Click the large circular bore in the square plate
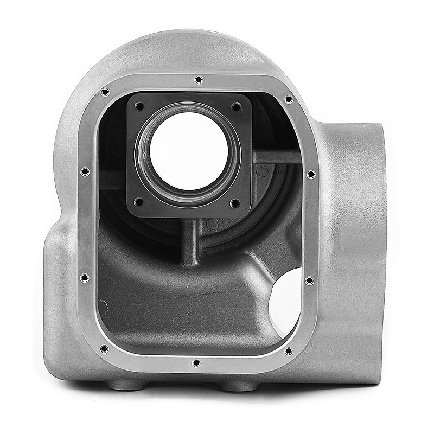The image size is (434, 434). (188, 150)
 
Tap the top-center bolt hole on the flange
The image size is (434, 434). (199, 80)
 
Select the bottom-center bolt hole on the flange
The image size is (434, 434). (196, 363)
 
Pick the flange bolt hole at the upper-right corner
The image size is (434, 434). (289, 99)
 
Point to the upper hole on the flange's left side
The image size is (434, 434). (85, 172)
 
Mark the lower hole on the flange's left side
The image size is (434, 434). (84, 278)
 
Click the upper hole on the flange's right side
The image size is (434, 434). (311, 174)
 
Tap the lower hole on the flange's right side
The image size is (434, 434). (309, 280)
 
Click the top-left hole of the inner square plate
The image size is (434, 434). (139, 106)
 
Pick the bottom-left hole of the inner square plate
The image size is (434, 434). (139, 202)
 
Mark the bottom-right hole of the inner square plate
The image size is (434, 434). (235, 203)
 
